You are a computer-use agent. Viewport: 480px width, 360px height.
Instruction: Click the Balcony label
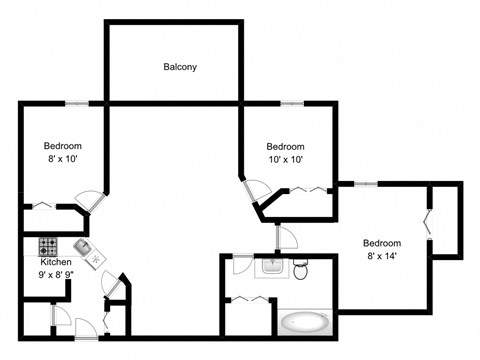coord(180,68)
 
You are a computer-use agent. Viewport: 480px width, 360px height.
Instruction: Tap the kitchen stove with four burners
coord(48,245)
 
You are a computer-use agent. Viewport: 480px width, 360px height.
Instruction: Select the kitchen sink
coord(82,246)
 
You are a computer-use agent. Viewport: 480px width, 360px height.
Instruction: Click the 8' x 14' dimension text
coord(381,256)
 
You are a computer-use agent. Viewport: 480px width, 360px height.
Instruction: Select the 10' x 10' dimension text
coord(285,159)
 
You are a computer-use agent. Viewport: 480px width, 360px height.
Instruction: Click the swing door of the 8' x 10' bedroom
coord(90,200)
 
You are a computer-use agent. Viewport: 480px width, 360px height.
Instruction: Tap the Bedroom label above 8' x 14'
coord(381,243)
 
